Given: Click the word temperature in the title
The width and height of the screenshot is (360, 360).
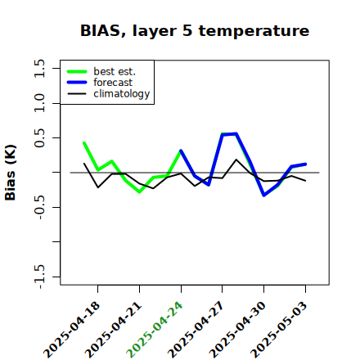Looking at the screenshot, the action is pyautogui.click(x=254, y=31).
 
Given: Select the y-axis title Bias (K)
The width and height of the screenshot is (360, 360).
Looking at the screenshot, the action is pyautogui.click(x=11, y=173).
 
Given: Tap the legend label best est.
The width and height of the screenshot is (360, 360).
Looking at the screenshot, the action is pyautogui.click(x=115, y=71).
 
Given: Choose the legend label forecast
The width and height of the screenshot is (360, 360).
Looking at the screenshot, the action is pyautogui.click(x=113, y=83).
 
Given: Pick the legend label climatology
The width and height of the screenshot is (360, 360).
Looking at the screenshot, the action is pyautogui.click(x=122, y=94).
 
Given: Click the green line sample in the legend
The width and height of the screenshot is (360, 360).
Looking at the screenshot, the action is pyautogui.click(x=77, y=71).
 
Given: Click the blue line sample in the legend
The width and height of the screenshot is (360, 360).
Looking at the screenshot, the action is pyautogui.click(x=77, y=83).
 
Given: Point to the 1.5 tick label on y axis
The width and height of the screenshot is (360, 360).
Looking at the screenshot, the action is pyautogui.click(x=39, y=68).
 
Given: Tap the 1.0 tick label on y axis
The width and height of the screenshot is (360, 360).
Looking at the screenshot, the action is pyautogui.click(x=39, y=103).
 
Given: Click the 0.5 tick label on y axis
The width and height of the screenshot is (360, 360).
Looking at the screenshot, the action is pyautogui.click(x=39, y=138).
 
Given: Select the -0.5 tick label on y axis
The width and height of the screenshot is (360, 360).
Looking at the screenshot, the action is pyautogui.click(x=39, y=207).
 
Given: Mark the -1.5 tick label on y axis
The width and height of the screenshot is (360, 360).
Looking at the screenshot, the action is pyautogui.click(x=39, y=277).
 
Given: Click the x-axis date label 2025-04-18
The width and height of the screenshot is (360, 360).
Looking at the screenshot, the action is pyautogui.click(x=72, y=330).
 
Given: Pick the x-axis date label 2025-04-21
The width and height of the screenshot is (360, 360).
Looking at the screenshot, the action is pyautogui.click(x=113, y=330).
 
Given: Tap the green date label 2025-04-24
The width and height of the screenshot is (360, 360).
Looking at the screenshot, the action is pyautogui.click(x=155, y=330).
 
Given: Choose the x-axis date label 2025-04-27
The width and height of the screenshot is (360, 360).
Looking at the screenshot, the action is pyautogui.click(x=196, y=330).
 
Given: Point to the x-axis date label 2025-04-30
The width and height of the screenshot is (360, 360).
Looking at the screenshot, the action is pyautogui.click(x=237, y=330).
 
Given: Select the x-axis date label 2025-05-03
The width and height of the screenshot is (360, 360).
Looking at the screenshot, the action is pyautogui.click(x=279, y=330).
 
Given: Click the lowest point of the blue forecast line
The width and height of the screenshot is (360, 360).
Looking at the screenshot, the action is pyautogui.click(x=263, y=196).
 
